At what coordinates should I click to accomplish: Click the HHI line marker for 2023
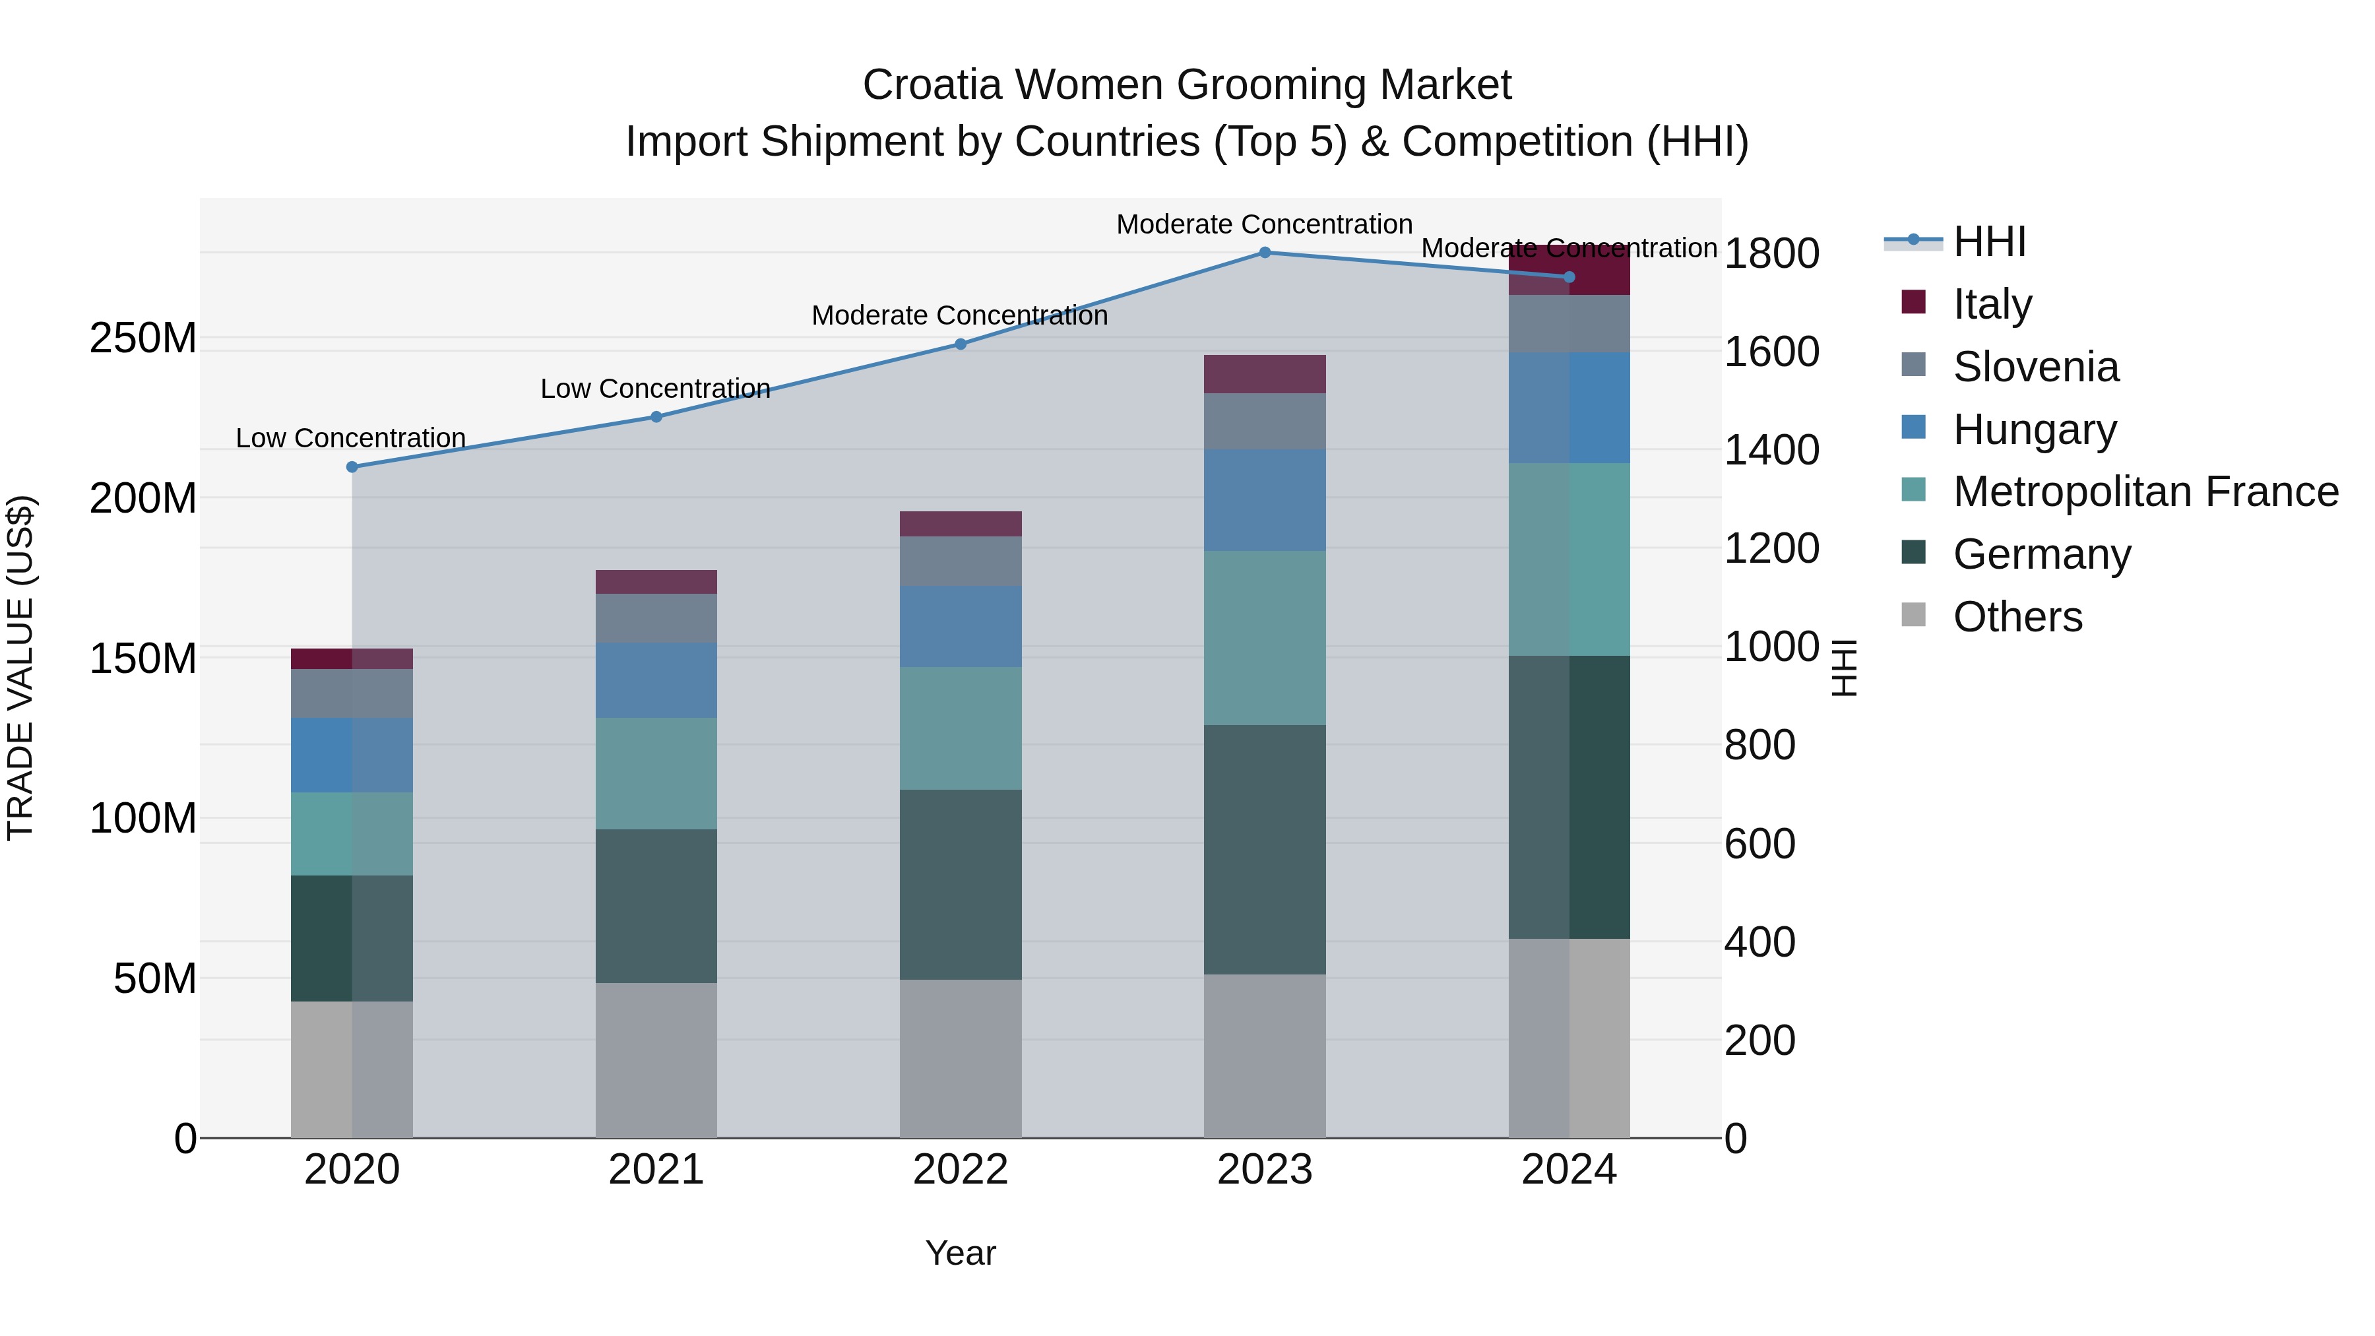point(1265,253)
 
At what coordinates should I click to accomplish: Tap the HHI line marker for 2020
point(352,468)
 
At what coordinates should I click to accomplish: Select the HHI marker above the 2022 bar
point(961,344)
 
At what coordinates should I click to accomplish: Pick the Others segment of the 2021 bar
point(656,1060)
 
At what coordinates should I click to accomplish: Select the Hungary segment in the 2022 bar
point(961,627)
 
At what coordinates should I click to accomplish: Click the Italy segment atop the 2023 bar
point(1265,374)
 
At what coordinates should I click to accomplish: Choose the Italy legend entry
point(1992,304)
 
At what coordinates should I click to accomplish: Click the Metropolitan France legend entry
point(2145,492)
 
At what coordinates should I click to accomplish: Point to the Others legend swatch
point(1914,615)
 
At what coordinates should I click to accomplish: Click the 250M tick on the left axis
point(143,339)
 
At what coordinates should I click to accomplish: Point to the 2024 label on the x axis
point(1569,1170)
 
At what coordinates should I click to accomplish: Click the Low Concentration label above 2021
point(656,389)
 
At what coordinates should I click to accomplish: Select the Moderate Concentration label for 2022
point(960,315)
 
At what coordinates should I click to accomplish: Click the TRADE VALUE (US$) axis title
point(20,668)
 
